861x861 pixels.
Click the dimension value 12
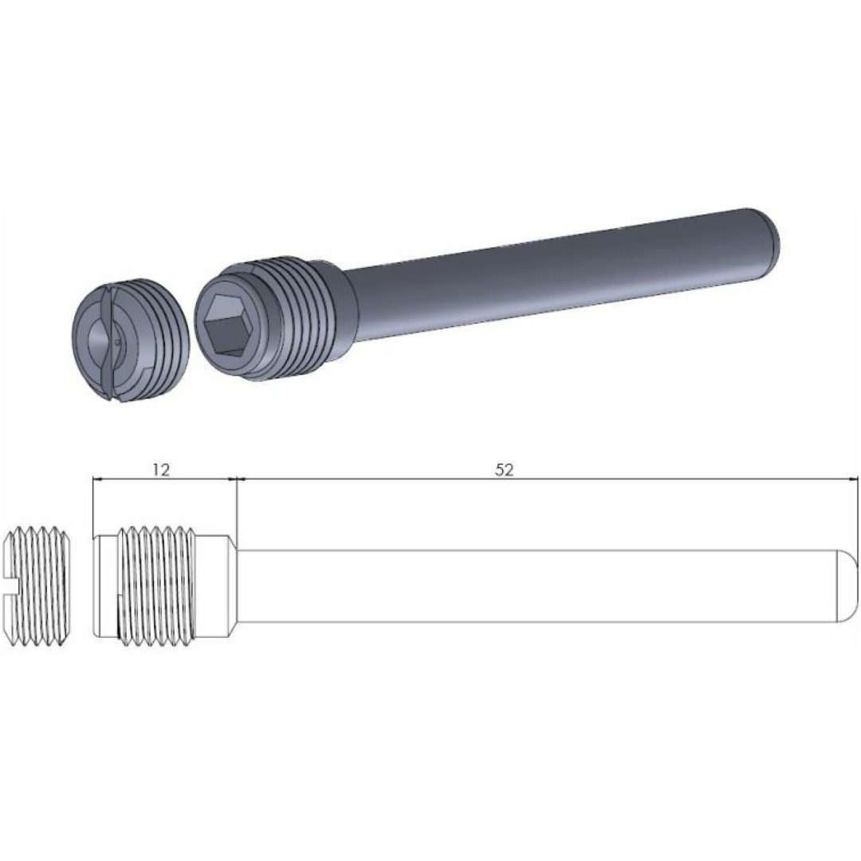pyautogui.click(x=161, y=470)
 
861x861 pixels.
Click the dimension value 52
pyautogui.click(x=504, y=470)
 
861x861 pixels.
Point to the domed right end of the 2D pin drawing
pyautogui.click(x=847, y=585)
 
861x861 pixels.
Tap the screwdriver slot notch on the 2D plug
pyautogui.click(x=11, y=585)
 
